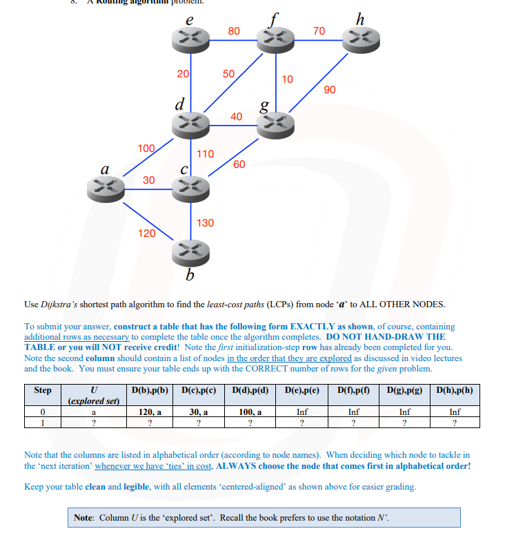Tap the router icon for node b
pyautogui.click(x=190, y=251)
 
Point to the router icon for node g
pyautogui.click(x=275, y=124)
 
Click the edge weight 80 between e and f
pyautogui.click(x=234, y=31)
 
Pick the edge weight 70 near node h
pyautogui.click(x=318, y=31)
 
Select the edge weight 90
pyautogui.click(x=329, y=90)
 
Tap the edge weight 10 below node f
pyautogui.click(x=287, y=79)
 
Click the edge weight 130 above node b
pyautogui.click(x=205, y=223)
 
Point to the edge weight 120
pyautogui.click(x=146, y=233)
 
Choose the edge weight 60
pyautogui.click(x=239, y=164)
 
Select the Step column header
pyautogui.click(x=43, y=390)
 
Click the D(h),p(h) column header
pyautogui.click(x=455, y=390)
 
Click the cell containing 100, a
pyautogui.click(x=250, y=412)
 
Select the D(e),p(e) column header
pyautogui.click(x=302, y=390)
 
